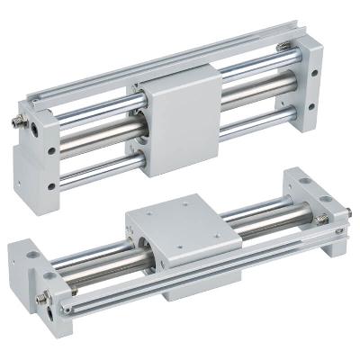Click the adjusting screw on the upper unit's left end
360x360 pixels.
point(21,118)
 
